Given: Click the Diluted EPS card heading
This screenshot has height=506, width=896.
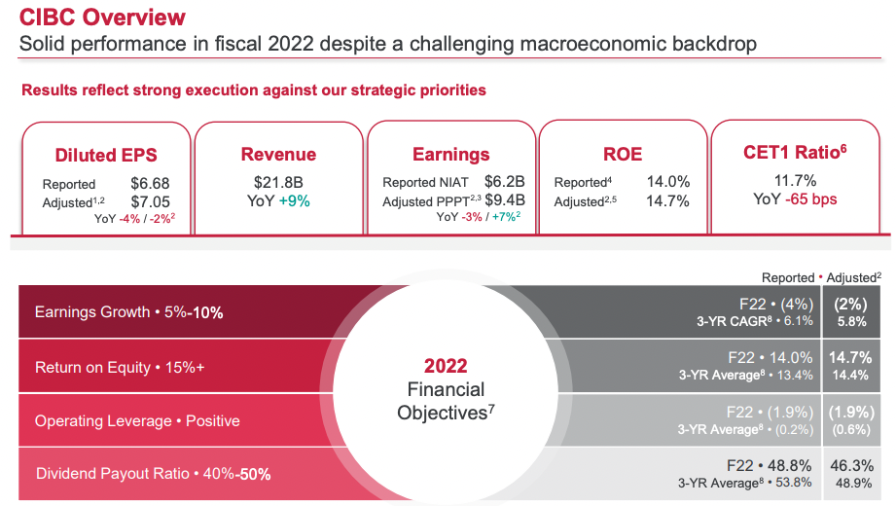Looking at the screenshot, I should pyautogui.click(x=106, y=156).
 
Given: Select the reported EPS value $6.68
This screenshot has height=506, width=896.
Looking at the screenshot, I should pyautogui.click(x=151, y=183).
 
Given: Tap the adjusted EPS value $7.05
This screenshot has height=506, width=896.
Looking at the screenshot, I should pyautogui.click(x=151, y=201).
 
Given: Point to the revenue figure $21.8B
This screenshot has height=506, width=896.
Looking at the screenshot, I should pyautogui.click(x=278, y=181).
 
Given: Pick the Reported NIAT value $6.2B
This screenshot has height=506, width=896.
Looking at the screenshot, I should pyautogui.click(x=505, y=181).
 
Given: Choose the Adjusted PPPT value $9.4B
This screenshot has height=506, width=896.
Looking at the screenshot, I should pyautogui.click(x=505, y=200).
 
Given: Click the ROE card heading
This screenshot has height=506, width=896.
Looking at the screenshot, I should pyautogui.click(x=623, y=155).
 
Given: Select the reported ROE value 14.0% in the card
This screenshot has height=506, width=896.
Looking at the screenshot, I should pyautogui.click(x=668, y=182).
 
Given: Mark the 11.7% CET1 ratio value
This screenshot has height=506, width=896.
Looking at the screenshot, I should pyautogui.click(x=795, y=180).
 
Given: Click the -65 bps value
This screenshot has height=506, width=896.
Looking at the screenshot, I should pyautogui.click(x=811, y=199).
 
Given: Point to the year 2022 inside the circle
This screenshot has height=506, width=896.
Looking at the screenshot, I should pyautogui.click(x=446, y=367).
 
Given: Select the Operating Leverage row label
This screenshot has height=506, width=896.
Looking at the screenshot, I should pyautogui.click(x=137, y=421).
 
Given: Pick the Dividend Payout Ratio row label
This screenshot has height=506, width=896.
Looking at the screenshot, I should pyautogui.click(x=153, y=474).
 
